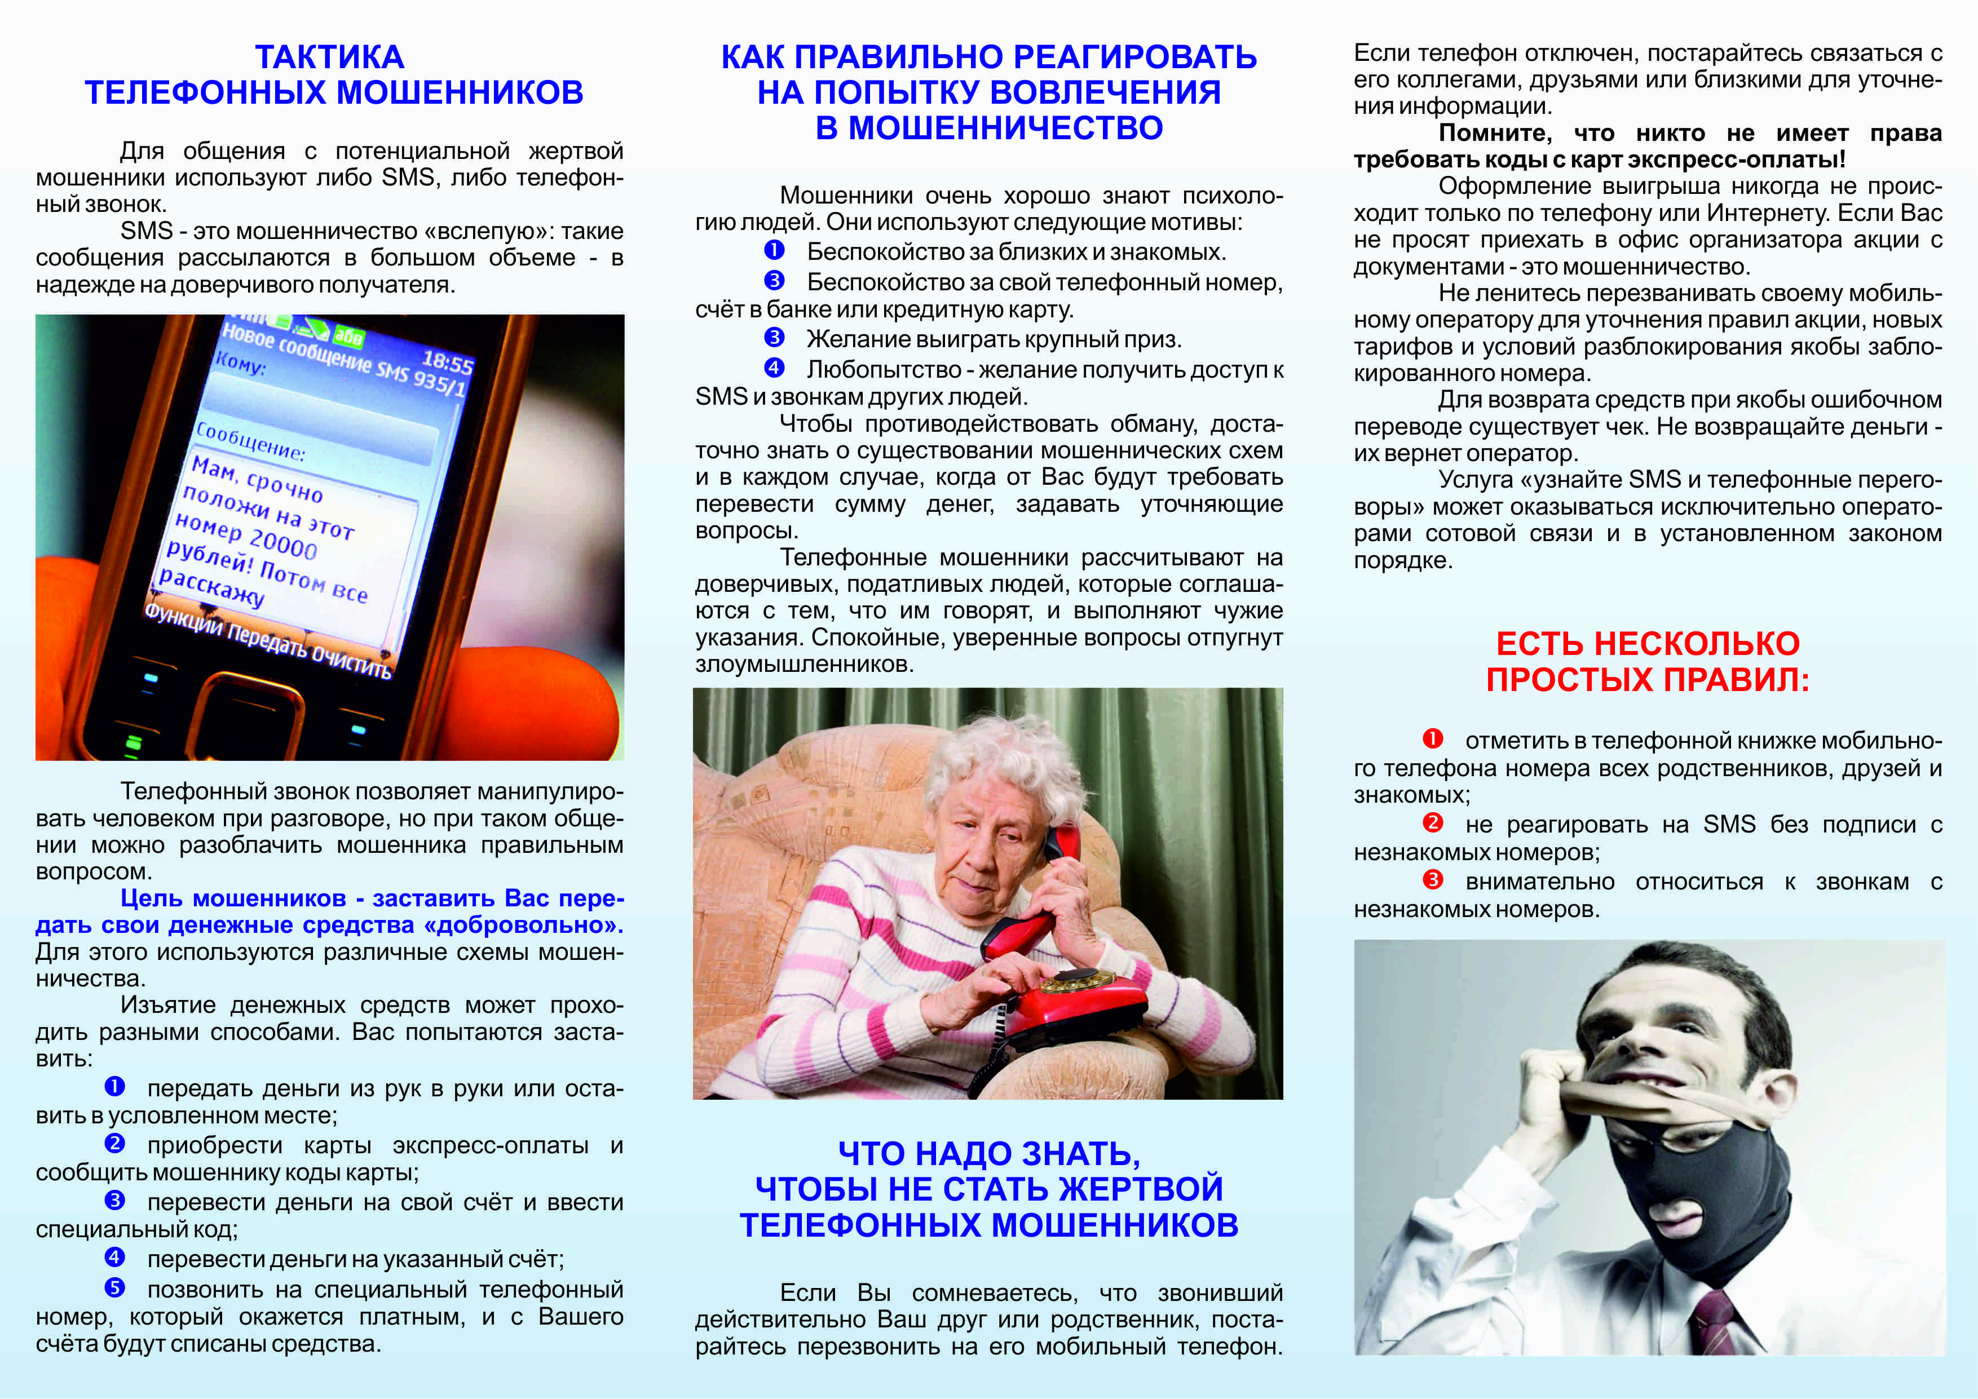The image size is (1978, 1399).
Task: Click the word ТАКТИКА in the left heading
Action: pyautogui.click(x=329, y=57)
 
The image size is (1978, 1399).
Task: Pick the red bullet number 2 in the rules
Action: pyautogui.click(x=1433, y=823)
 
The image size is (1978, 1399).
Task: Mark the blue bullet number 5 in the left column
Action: pyautogui.click(x=114, y=1288)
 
